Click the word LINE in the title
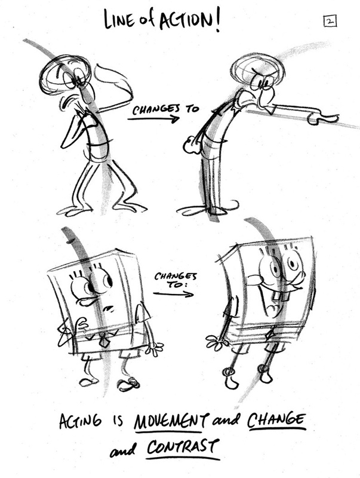pos(119,20)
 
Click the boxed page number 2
pos(330,22)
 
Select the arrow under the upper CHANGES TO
pos(153,118)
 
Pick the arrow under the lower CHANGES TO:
pos(173,294)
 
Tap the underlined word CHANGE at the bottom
pos(276,420)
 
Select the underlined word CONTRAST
pos(183,448)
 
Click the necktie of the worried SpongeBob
pos(104,339)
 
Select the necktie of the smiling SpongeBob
pos(270,335)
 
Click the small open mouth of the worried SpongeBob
pos(107,310)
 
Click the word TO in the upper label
pos(192,109)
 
